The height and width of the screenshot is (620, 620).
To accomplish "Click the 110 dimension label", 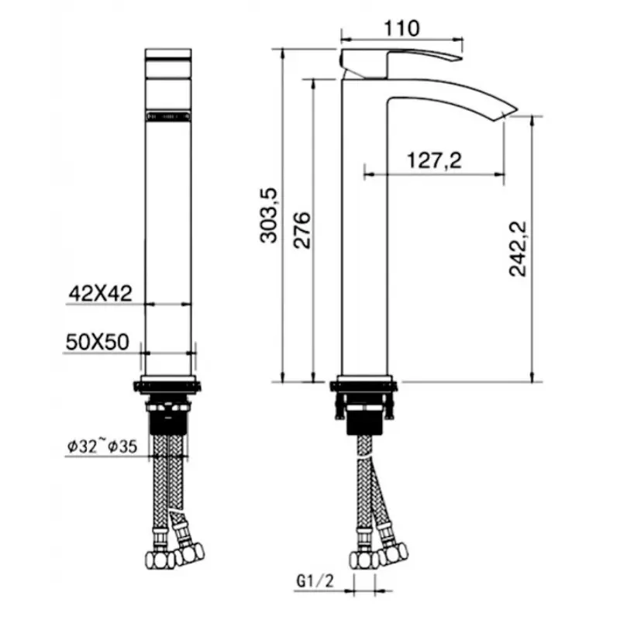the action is click(401, 29).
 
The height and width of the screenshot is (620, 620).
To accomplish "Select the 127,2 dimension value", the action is click(434, 160).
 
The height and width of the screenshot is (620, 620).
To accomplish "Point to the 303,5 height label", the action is click(269, 215).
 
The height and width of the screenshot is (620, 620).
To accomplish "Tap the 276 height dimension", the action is click(302, 230).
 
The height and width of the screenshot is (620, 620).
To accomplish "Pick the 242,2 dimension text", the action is click(518, 248).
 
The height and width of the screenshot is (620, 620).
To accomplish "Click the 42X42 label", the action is click(101, 294).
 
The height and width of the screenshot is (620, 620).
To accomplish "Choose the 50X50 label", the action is click(98, 342).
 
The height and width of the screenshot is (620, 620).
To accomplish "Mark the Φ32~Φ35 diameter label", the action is click(102, 446).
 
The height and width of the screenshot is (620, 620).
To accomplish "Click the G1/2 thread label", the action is click(315, 580).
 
